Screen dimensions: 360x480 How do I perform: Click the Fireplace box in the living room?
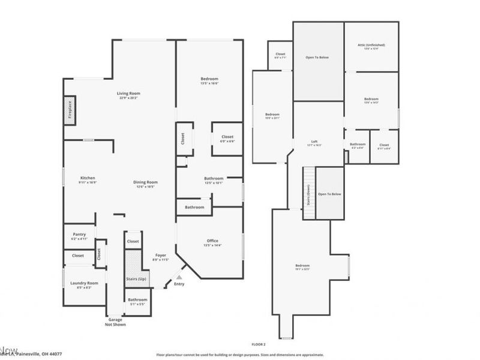click(70, 111)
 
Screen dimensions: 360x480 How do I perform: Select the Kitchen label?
click(88, 178)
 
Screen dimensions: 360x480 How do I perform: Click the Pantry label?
click(79, 234)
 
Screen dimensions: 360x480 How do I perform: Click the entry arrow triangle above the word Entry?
click(178, 277)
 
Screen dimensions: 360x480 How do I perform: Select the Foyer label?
click(160, 256)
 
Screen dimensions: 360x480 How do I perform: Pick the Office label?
click(212, 241)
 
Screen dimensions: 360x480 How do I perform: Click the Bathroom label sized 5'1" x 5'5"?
click(137, 299)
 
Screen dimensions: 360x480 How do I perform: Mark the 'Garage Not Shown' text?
click(115, 322)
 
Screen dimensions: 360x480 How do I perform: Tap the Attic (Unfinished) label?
click(371, 45)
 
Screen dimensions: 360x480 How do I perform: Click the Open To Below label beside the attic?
click(317, 58)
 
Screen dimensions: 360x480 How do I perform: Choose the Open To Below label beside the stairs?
click(329, 194)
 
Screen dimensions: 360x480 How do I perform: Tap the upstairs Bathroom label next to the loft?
click(358, 144)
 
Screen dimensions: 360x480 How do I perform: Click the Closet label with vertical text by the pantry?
click(100, 254)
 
